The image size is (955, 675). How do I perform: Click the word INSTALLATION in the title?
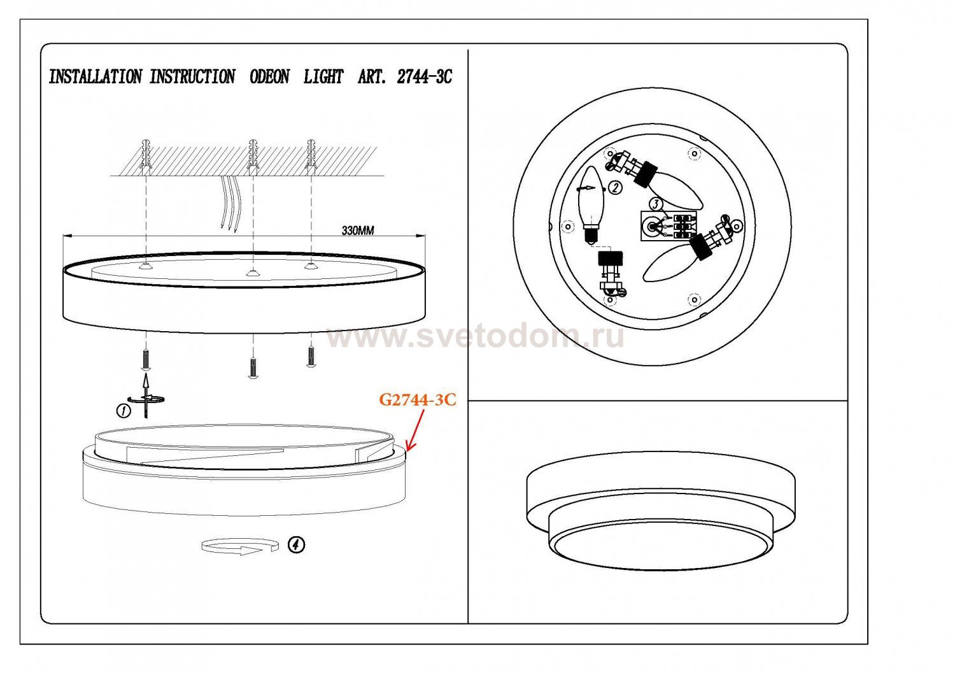tap(95, 77)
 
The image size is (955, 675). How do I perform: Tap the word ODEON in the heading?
tap(269, 77)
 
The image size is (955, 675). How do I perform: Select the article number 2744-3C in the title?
tap(424, 77)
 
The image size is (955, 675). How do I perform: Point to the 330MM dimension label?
tap(358, 231)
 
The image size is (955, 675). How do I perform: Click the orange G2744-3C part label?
tap(418, 399)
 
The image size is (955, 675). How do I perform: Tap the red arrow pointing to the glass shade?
tap(415, 430)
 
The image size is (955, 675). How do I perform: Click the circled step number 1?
tap(124, 411)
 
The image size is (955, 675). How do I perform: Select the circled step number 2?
tap(614, 188)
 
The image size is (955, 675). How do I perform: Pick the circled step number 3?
tap(656, 204)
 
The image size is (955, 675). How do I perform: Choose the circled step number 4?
tap(296, 544)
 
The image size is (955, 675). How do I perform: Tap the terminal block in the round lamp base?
tap(668, 226)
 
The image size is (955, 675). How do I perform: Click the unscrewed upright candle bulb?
tap(591, 205)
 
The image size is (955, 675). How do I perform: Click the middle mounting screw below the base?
tap(253, 368)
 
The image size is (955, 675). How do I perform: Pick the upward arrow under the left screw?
tap(146, 395)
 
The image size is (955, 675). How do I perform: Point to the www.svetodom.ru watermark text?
tap(476, 337)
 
